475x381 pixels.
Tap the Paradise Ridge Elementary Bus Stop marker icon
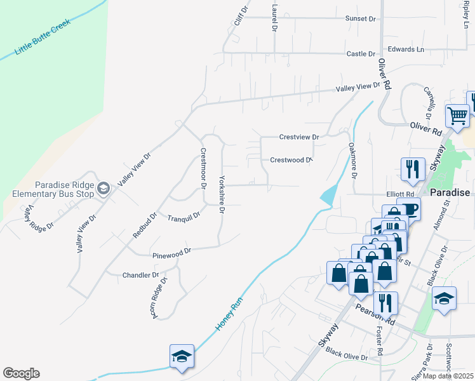tap(104, 188)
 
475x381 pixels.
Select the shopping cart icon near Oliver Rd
tap(457, 116)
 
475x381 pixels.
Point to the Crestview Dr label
tap(298, 137)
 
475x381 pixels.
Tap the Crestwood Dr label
tap(291, 160)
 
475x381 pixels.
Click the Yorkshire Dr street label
tap(222, 194)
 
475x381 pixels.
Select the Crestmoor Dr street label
tap(203, 169)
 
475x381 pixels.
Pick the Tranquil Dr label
tap(184, 217)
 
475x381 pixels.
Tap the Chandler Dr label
tap(140, 275)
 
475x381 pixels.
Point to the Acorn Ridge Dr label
tap(158, 297)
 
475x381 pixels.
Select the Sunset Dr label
tap(360, 18)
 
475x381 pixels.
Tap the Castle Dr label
tap(361, 54)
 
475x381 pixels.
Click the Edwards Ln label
tap(406, 49)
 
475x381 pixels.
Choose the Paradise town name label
tap(450, 192)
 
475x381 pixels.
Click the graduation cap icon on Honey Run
tap(182, 357)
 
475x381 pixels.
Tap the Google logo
tap(21, 373)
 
